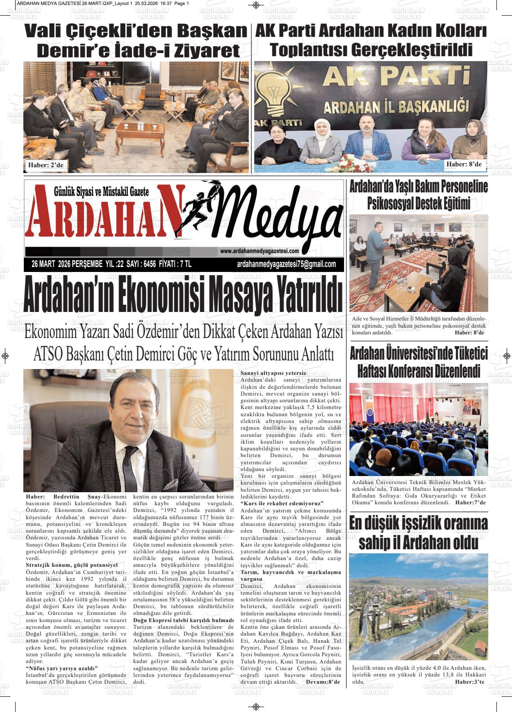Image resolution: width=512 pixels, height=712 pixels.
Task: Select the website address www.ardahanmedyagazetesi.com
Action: click(260, 251)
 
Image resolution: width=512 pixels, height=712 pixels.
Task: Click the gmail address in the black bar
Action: click(286, 264)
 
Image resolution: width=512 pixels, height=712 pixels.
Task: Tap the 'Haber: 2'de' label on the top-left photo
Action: click(45, 165)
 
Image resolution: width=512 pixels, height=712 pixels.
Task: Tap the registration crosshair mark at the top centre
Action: click(256, 5)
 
